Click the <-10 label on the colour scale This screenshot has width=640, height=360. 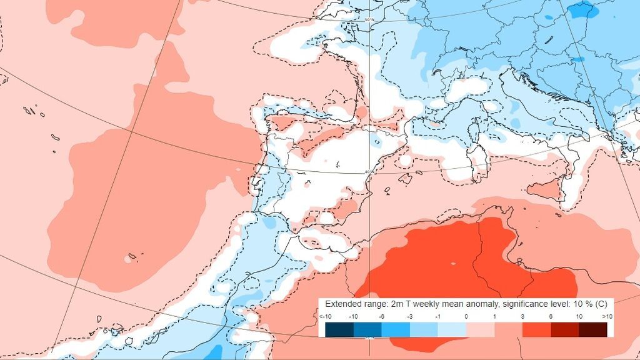pyautogui.click(x=326, y=317)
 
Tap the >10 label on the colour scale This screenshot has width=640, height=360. pyautogui.click(x=606, y=317)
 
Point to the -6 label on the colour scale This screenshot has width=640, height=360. pyautogui.click(x=381, y=317)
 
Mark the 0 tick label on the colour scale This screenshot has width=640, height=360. pyautogui.click(x=466, y=317)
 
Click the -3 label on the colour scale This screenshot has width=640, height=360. pyautogui.click(x=409, y=317)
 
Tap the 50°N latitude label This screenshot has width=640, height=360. pyautogui.click(x=369, y=20)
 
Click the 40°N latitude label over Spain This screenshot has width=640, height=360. pyautogui.click(x=369, y=172)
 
